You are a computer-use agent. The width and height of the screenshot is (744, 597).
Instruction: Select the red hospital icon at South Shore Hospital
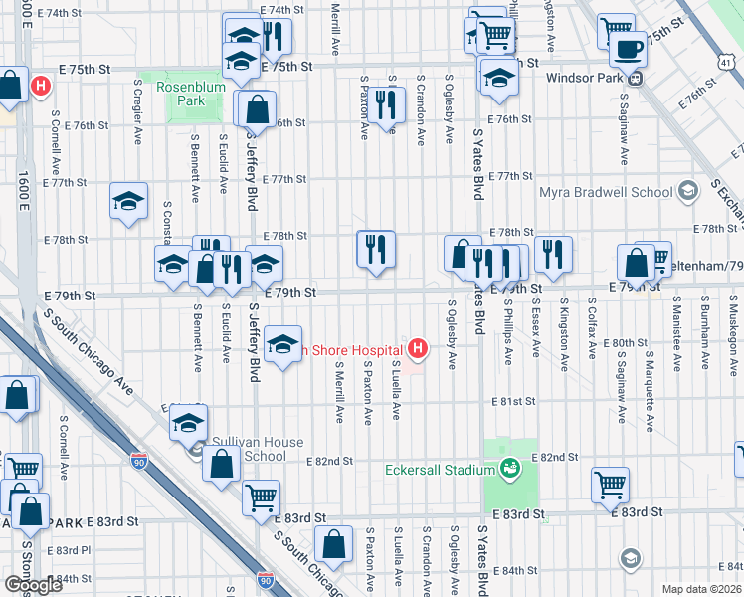point(419,349)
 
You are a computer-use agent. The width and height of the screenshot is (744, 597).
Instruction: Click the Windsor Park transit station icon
point(635,77)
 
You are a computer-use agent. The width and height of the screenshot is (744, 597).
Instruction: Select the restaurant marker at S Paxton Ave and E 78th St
point(376,248)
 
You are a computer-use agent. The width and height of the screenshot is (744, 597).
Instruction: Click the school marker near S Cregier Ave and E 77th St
point(128,200)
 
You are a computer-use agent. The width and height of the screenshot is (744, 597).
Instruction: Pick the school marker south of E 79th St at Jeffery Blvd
point(283,344)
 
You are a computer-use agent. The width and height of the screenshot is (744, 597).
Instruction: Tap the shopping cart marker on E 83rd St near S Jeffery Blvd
point(261,495)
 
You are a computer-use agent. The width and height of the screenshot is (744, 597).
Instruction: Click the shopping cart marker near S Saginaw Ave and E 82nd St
point(610,484)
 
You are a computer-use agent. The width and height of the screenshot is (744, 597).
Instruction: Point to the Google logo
point(33,584)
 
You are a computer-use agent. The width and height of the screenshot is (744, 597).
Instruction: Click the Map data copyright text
point(701,589)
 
